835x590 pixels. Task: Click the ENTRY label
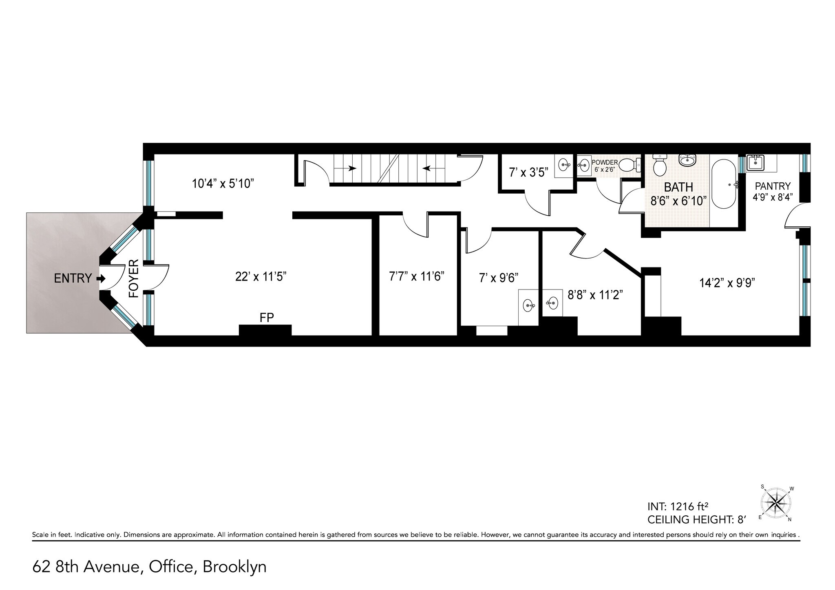[73, 278]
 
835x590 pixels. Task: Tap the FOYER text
[134, 278]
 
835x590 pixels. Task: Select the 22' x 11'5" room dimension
[261, 277]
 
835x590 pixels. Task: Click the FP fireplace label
[267, 318]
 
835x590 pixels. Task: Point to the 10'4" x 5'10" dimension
[223, 183]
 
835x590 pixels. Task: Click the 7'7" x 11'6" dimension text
[416, 277]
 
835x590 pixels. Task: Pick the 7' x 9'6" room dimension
[498, 278]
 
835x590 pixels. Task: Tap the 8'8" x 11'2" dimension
[595, 295]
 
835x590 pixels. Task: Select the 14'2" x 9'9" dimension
[727, 283]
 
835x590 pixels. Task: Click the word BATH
[678, 187]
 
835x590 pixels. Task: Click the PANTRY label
[773, 186]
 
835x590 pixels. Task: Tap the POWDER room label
[605, 163]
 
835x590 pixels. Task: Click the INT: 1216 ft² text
[677, 507]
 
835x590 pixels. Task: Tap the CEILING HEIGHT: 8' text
[697, 519]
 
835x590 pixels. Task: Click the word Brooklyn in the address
[234, 567]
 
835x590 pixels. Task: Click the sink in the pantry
[755, 163]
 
